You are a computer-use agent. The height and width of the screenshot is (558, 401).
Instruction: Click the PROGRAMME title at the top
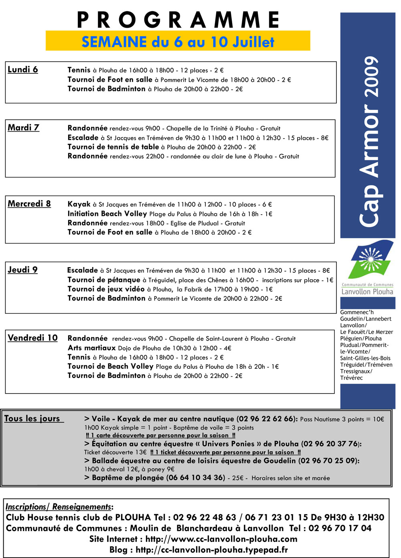click(x=178, y=20)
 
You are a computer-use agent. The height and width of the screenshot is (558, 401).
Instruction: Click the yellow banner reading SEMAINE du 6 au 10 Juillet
click(x=178, y=41)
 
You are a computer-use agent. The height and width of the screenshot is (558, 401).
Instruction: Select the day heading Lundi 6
click(x=23, y=69)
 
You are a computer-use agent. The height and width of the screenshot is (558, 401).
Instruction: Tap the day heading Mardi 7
click(x=24, y=128)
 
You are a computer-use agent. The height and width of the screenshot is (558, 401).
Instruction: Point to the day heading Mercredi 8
click(x=29, y=204)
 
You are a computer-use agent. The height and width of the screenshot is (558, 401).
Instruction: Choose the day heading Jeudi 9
click(x=23, y=270)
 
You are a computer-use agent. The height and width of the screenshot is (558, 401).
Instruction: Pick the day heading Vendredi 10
click(x=32, y=338)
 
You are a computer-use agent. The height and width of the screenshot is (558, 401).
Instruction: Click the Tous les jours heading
click(x=33, y=418)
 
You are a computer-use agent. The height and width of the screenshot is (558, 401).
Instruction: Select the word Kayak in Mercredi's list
click(x=79, y=204)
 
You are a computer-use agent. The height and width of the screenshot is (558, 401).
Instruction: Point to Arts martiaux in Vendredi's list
click(x=91, y=348)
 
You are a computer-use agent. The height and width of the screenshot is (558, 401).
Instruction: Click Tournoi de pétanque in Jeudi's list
click(x=104, y=280)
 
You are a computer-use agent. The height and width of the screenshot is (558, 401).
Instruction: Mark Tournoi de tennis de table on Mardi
click(x=113, y=147)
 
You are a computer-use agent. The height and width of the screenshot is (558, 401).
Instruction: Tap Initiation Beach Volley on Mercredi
click(x=107, y=214)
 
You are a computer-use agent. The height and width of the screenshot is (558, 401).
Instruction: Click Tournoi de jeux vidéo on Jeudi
click(x=106, y=289)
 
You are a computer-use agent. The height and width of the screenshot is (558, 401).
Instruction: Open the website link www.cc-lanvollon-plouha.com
click(x=221, y=539)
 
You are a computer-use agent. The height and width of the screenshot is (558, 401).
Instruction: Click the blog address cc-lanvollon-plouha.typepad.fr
click(x=212, y=550)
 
